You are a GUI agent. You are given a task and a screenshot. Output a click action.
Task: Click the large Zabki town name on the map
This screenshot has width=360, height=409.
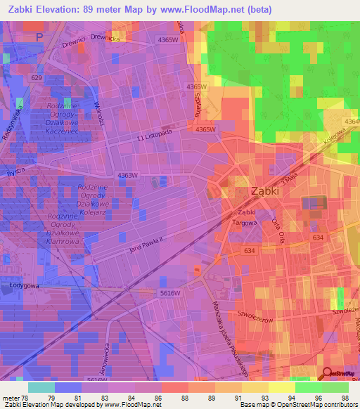[x=268, y=191]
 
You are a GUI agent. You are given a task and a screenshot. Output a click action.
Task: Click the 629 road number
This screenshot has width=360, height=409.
[x=37, y=77]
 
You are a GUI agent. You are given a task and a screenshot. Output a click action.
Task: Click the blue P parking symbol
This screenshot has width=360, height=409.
[x=39, y=35]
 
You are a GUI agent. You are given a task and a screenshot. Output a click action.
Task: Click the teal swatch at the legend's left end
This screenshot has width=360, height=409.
[x=41, y=387]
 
